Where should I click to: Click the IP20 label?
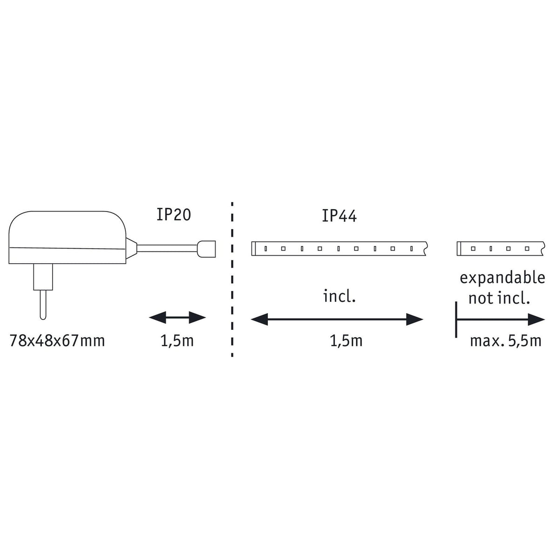coord(173,215)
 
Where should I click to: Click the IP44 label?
coord(339,216)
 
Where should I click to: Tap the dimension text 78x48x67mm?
coord(57,341)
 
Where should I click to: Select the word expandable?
coord(502,279)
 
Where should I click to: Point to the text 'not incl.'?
coord(499,298)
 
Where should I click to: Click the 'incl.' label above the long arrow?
coord(340,296)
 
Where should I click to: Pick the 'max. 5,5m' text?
coord(505,341)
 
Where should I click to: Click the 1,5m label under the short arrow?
coord(177,341)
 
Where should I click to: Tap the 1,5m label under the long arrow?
coord(347,341)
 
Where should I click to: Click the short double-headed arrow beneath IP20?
coord(177,317)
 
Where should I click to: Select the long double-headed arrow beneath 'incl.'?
coord(337,320)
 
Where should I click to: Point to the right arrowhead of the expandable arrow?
coord(536,320)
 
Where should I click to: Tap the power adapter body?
coord(68,237)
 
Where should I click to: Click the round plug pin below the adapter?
coord(43,305)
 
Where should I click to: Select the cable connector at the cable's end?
coord(206,249)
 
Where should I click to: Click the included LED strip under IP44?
coord(340,249)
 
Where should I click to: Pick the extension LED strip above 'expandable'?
coord(501,249)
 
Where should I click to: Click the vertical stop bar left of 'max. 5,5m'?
coord(456,320)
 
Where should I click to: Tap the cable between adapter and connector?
coord(167,249)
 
